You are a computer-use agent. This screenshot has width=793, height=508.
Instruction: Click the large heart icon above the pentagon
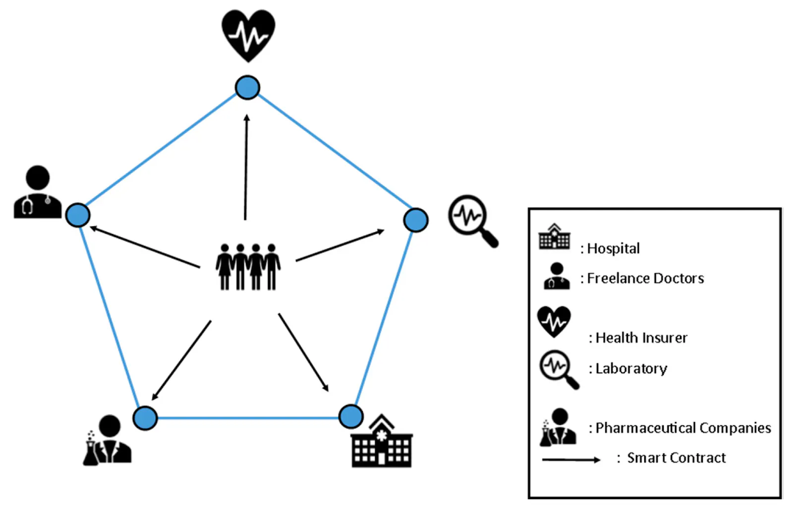pyautogui.click(x=248, y=35)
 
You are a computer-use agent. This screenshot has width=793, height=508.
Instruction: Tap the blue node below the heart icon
pyautogui.click(x=247, y=87)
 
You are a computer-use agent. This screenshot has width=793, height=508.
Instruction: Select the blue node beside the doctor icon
pyautogui.click(x=78, y=215)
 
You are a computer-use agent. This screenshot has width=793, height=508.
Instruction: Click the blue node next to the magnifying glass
pyautogui.click(x=416, y=220)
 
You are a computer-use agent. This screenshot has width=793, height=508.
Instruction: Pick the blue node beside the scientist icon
pyautogui.click(x=145, y=418)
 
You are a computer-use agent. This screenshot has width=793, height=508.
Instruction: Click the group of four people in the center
pyautogui.click(x=248, y=267)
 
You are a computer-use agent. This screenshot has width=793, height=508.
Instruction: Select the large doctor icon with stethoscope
pyautogui.click(x=38, y=192)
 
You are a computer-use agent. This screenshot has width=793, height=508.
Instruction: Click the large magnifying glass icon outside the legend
pyautogui.click(x=473, y=221)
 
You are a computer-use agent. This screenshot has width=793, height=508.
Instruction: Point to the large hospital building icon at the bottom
pyautogui.click(x=382, y=441)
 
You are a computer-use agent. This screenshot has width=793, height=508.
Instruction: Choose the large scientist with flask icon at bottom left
pyautogui.click(x=107, y=440)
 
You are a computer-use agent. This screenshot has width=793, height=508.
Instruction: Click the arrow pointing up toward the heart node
pyautogui.click(x=246, y=167)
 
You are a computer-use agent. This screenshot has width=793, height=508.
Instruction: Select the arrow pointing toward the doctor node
pyautogui.click(x=145, y=247)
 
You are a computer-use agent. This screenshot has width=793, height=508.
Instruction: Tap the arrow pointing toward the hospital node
pyautogui.click(x=303, y=353)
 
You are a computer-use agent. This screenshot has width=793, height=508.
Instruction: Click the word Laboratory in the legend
pyautogui.click(x=631, y=368)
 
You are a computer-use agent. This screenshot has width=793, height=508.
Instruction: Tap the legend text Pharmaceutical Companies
pyautogui.click(x=683, y=428)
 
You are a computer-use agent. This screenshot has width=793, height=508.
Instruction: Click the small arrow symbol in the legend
pyautogui.click(x=571, y=460)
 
